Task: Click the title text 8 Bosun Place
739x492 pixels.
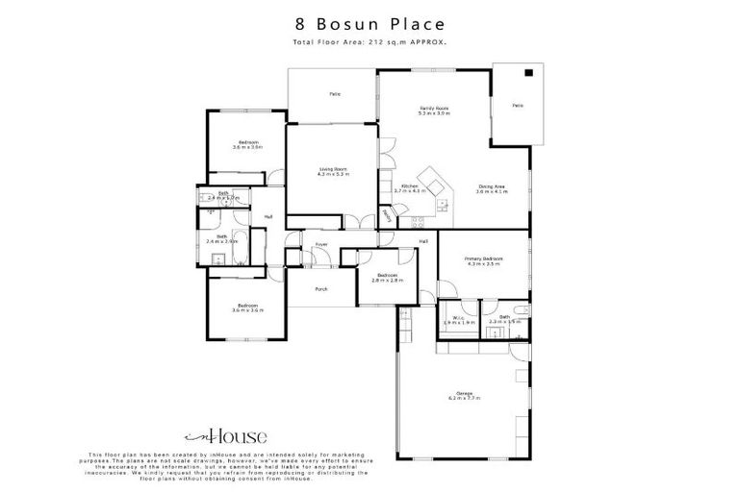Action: pyautogui.click(x=369, y=22)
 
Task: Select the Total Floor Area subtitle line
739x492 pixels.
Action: pyautogui.click(x=369, y=43)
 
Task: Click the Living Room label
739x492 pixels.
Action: pyautogui.click(x=333, y=172)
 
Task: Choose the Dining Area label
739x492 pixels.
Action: pyautogui.click(x=491, y=189)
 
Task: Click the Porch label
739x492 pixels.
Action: pyautogui.click(x=321, y=288)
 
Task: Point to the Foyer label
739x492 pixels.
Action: pyautogui.click(x=321, y=245)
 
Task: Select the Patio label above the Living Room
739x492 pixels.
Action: pyautogui.click(x=335, y=94)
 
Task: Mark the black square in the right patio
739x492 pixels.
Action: pyautogui.click(x=528, y=72)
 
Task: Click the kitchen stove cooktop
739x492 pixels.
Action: pyautogui.click(x=442, y=204)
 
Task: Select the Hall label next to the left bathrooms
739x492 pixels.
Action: pyautogui.click(x=268, y=216)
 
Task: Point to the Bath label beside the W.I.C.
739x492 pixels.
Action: pyautogui.click(x=504, y=318)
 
